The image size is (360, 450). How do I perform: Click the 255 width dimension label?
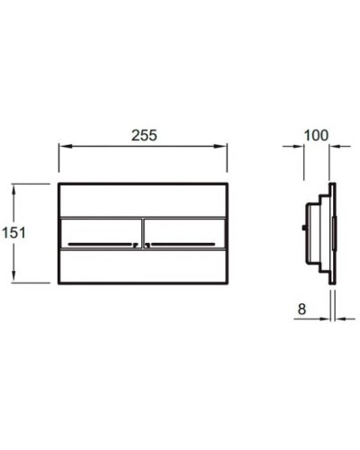[x=143, y=135]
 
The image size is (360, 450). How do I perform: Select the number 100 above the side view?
[x=316, y=135]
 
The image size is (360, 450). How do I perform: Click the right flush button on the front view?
[x=184, y=232]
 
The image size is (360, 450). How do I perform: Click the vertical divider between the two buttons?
[x=142, y=232]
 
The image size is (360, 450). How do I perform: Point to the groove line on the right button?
[x=184, y=243]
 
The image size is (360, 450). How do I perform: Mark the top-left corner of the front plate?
[x=60, y=185]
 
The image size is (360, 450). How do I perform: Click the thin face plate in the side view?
[x=335, y=232]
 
